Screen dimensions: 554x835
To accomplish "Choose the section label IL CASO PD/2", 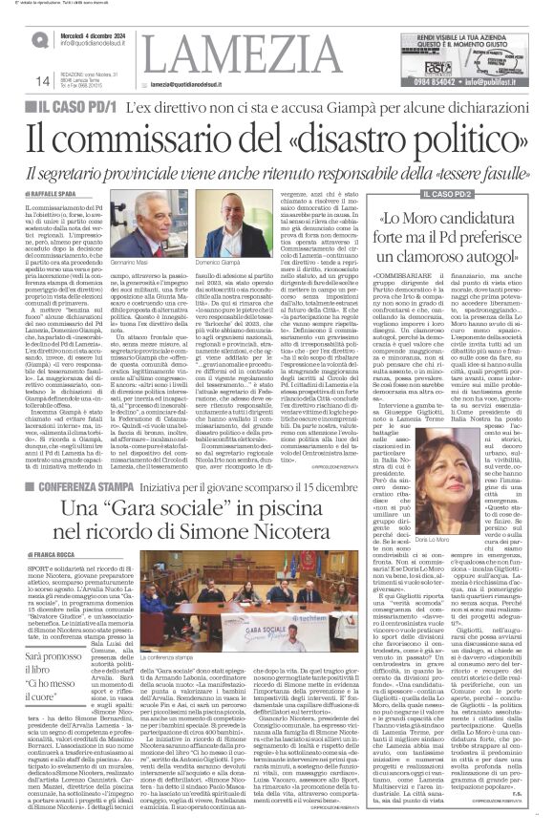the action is [x=455, y=195].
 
